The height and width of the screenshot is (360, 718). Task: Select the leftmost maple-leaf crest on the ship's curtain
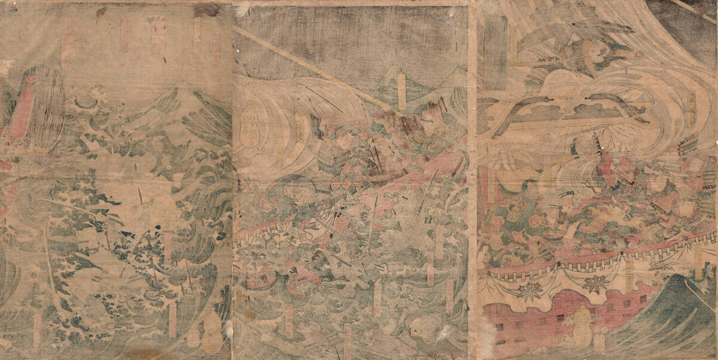[x=527, y=289]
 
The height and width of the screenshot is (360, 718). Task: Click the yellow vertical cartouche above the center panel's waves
[x=401, y=90]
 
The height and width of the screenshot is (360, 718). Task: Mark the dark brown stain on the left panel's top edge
[x=206, y=9]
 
